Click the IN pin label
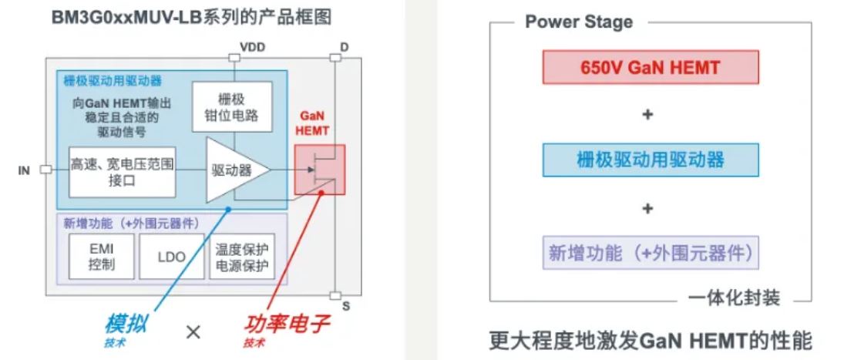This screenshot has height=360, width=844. [24, 170]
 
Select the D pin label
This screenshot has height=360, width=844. [344, 47]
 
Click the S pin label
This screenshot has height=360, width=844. [345, 306]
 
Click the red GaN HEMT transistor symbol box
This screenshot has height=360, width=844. [319, 170]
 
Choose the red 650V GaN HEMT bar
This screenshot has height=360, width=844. [650, 67]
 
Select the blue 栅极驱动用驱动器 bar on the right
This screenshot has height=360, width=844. [650, 160]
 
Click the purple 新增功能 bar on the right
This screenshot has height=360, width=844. [650, 252]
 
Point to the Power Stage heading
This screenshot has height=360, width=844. [579, 22]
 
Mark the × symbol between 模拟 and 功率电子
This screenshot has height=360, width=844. [194, 331]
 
